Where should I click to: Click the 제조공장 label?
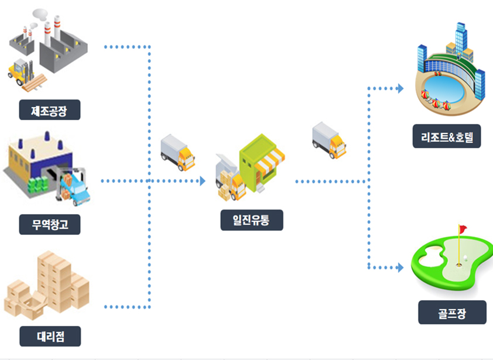(49, 109)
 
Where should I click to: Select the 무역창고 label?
(49, 224)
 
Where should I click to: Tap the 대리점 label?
(49, 336)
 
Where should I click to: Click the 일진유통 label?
(252, 220)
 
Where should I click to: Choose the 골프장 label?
(451, 312)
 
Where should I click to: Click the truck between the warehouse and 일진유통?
(177, 152)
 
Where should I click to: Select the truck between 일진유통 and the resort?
(328, 139)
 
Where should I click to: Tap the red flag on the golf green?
(463, 228)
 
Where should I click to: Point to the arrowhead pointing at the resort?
(400, 88)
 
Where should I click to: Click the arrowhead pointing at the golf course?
(400, 268)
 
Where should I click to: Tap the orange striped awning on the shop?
(271, 161)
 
